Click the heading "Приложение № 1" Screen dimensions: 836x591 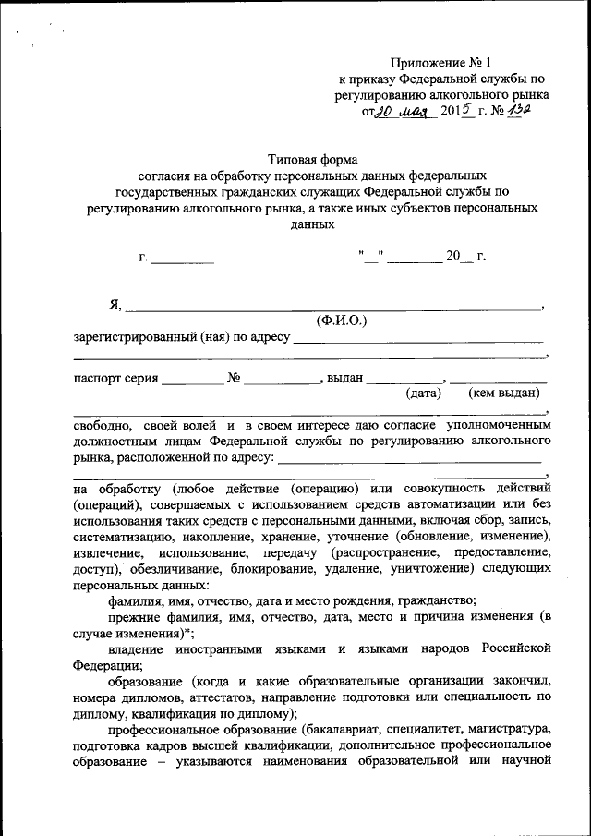coord(438,63)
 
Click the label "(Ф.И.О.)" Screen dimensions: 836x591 coord(341,321)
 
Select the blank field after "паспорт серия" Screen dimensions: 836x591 coord(193,379)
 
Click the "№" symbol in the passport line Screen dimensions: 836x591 coord(234,377)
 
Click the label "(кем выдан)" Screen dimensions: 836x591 coord(504,394)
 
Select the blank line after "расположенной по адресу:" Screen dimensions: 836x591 coord(409,457)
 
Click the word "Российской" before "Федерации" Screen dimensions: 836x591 coord(516,648)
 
